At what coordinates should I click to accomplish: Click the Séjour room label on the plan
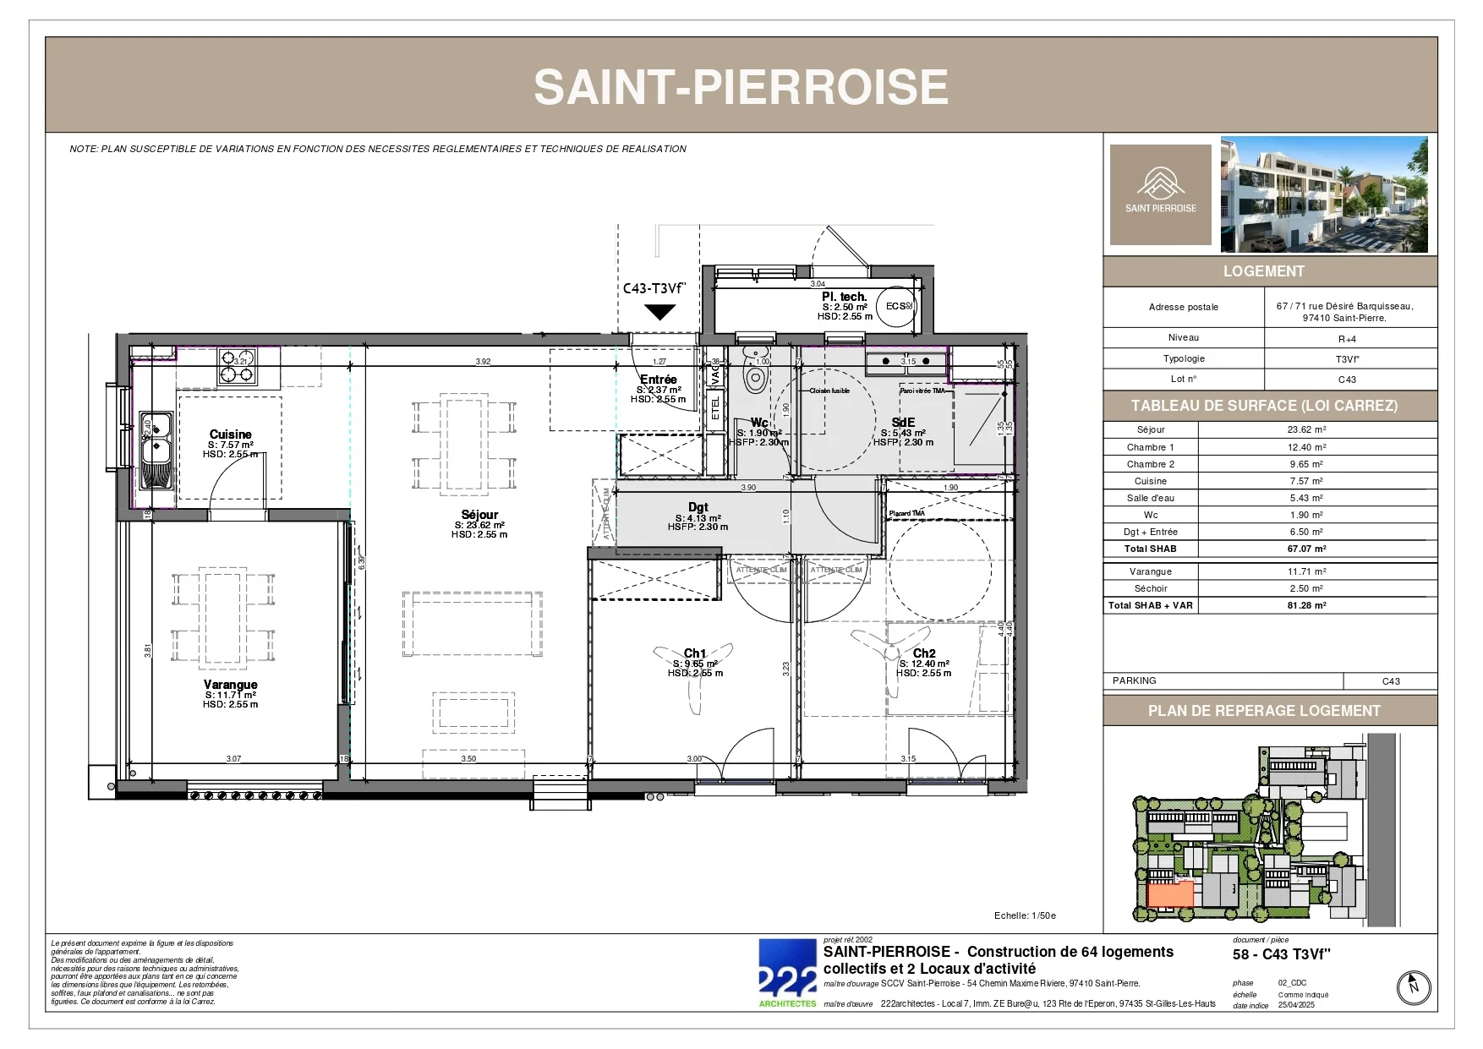tap(479, 515)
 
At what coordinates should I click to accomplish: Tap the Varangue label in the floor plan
tap(230, 685)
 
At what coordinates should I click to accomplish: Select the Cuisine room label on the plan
tap(230, 434)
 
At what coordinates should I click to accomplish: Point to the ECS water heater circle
tap(898, 306)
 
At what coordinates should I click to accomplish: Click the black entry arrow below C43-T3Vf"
tap(659, 312)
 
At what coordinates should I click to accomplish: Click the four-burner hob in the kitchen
tap(237, 366)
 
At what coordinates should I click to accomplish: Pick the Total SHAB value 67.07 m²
tap(1306, 549)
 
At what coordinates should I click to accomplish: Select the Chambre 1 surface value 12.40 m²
tap(1306, 447)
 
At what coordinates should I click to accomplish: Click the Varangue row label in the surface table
tap(1150, 571)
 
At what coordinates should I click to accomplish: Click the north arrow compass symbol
tap(1413, 987)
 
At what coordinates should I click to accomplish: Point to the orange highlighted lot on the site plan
tap(1170, 893)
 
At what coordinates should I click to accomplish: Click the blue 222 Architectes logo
tap(787, 973)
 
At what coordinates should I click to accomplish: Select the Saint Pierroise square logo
tap(1160, 194)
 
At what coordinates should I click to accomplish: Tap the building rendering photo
tap(1324, 194)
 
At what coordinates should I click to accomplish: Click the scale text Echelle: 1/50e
tap(1025, 915)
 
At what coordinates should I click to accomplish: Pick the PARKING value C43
tap(1391, 681)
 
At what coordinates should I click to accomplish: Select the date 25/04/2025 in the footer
tap(1296, 1005)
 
